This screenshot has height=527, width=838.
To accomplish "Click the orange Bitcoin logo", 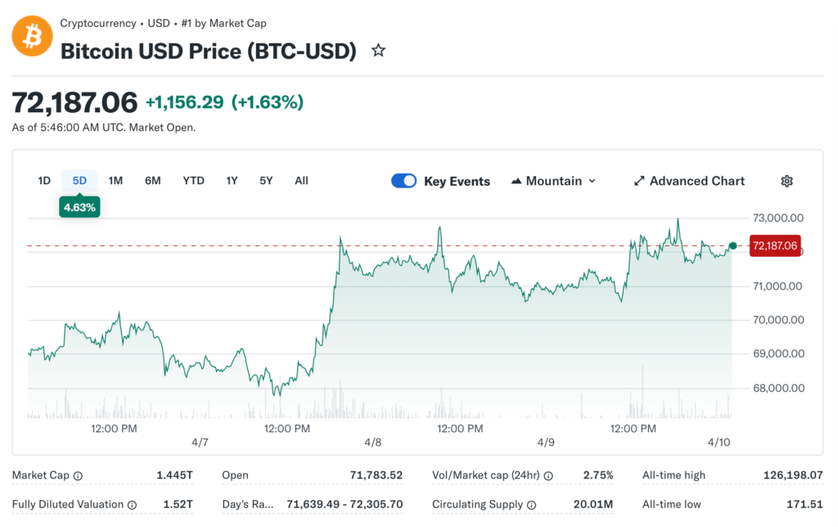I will click(x=32, y=37).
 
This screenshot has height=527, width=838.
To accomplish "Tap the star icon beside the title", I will click(x=378, y=51).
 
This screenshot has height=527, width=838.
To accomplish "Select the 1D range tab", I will click(x=44, y=181).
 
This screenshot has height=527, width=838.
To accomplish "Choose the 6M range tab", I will click(x=153, y=181).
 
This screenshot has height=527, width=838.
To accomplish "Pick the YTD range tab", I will click(x=193, y=181).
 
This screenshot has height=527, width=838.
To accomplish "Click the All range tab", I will click(x=301, y=181).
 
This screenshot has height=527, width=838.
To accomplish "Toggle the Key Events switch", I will click(x=404, y=181).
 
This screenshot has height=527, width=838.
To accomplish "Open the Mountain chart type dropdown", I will click(x=553, y=181).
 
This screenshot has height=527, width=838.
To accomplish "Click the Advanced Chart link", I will click(x=689, y=181).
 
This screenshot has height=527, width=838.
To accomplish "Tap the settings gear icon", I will click(x=786, y=181).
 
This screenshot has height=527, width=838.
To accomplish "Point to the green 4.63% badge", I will click(x=80, y=207).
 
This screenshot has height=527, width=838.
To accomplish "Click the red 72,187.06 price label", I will click(x=773, y=245).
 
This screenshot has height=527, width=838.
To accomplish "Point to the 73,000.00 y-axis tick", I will click(x=777, y=218).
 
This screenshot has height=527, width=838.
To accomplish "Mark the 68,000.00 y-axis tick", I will click(x=777, y=388).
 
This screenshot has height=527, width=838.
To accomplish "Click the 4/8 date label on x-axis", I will click(x=373, y=442).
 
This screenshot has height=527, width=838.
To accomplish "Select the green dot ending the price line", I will click(x=733, y=245).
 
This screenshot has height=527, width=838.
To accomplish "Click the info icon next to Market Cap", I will click(x=78, y=475).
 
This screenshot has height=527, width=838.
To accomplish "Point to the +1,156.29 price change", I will click(x=184, y=102).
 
